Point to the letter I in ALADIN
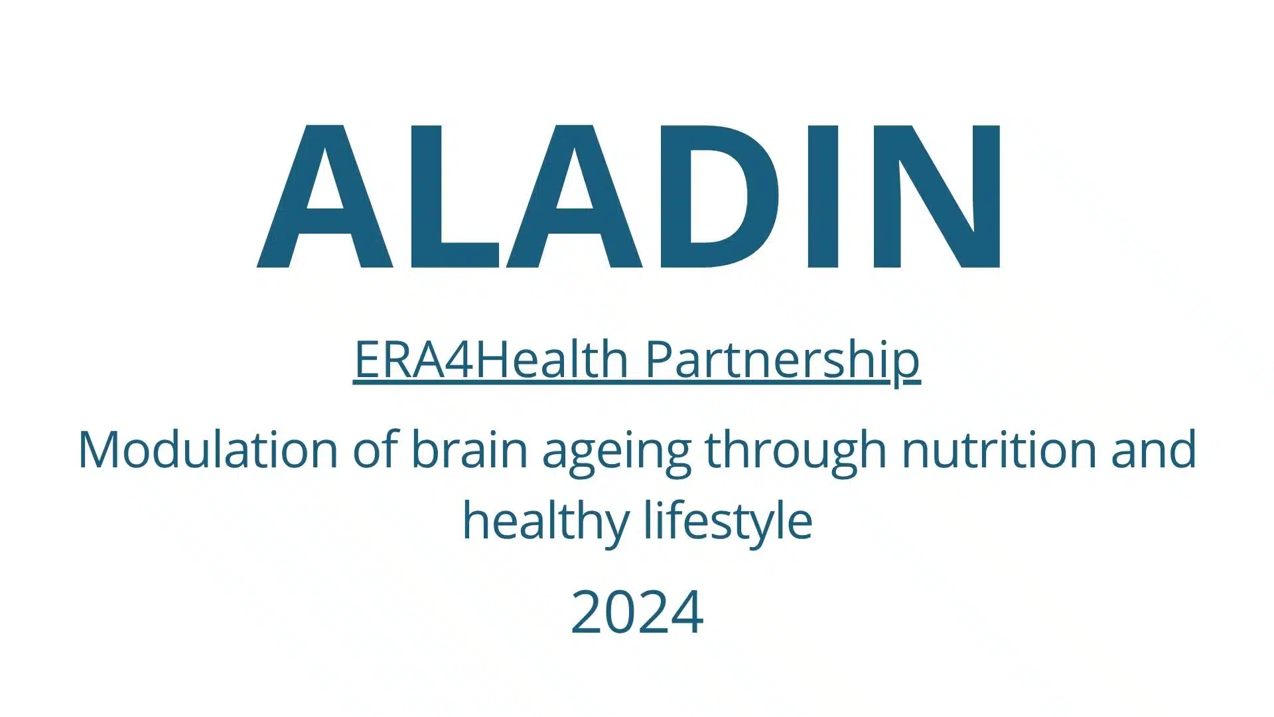pos(821,197)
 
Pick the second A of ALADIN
pos(575,197)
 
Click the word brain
pos(470,449)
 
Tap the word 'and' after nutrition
pos(1153,449)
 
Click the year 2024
pos(637,612)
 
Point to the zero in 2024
pos(620,612)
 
